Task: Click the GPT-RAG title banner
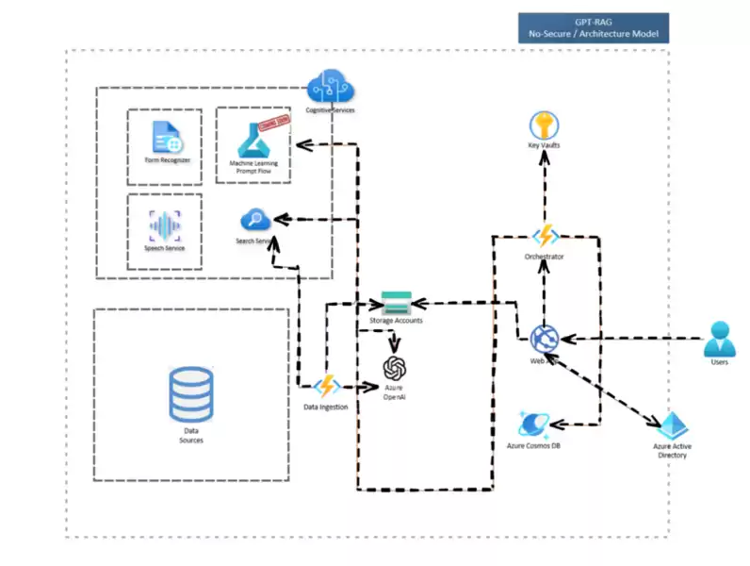pyautogui.click(x=594, y=27)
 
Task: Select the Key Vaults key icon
pyautogui.click(x=545, y=125)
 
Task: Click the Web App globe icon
pyautogui.click(x=545, y=338)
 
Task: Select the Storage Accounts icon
pyautogui.click(x=395, y=304)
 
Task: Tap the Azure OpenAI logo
pyautogui.click(x=395, y=368)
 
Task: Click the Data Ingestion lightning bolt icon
pyautogui.click(x=326, y=386)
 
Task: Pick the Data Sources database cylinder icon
pyautogui.click(x=190, y=394)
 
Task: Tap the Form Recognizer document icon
pyautogui.click(x=167, y=139)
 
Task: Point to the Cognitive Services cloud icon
pyautogui.click(x=334, y=89)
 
